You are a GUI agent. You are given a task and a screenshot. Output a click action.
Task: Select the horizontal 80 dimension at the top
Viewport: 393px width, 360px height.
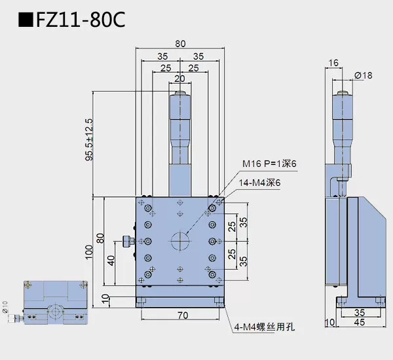[x=180, y=43]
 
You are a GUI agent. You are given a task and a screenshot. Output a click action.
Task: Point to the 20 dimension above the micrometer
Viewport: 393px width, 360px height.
[x=180, y=79]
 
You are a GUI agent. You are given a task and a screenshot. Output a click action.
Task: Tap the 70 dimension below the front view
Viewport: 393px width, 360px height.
[x=182, y=316]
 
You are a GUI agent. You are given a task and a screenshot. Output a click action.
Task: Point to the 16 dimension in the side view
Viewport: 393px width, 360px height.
[x=334, y=62]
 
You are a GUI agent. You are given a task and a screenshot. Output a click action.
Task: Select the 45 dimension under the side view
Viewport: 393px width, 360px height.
[x=360, y=321]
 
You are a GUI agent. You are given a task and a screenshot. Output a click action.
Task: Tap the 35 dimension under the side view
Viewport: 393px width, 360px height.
[x=360, y=312]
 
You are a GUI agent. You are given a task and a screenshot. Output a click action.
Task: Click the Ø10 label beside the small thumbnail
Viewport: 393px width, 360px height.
[x=5, y=307]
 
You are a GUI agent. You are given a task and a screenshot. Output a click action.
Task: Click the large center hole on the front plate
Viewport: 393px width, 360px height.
[x=180, y=241]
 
